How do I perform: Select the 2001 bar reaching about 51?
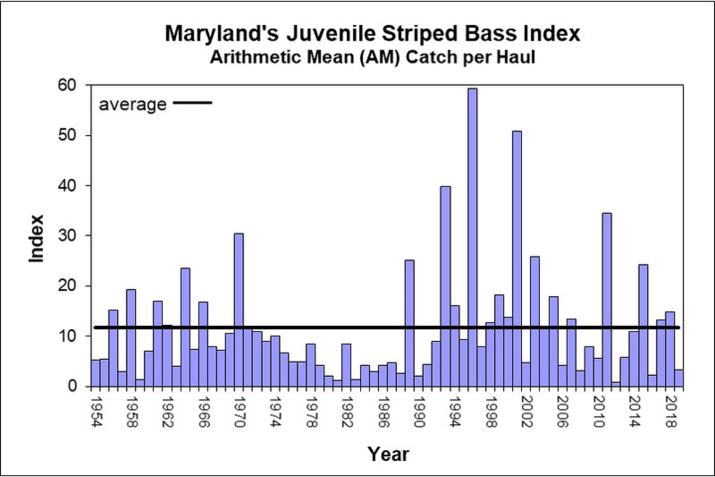click(x=517, y=259)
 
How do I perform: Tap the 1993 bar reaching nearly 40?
click(x=445, y=286)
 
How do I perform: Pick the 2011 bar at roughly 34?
click(x=607, y=300)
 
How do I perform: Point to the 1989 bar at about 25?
click(x=409, y=323)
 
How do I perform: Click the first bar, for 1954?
click(x=96, y=373)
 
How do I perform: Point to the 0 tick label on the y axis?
click(x=75, y=387)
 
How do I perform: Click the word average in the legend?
click(x=132, y=104)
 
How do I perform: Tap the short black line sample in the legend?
click(x=192, y=103)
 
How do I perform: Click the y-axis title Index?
click(x=36, y=237)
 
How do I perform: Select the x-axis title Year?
click(x=388, y=455)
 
